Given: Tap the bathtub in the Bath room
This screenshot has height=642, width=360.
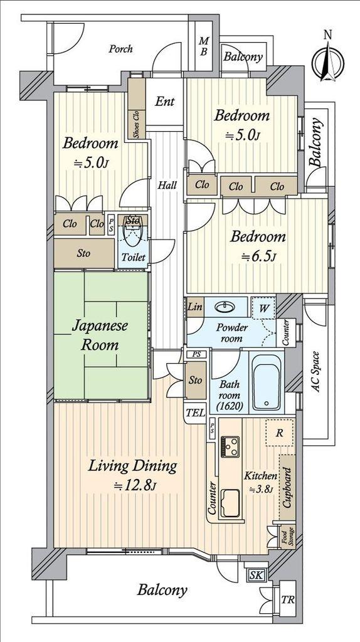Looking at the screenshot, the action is pos(267,382).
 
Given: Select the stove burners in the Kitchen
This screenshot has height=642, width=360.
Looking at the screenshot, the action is pos(230,446).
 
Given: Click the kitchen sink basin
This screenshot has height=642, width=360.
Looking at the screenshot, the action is pos(231,502).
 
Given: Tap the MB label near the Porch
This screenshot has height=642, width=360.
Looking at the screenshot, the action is pos(204,46).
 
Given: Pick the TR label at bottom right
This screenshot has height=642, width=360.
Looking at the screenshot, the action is pos(287,600).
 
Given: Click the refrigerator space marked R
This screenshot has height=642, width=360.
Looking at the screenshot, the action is pos(280,433).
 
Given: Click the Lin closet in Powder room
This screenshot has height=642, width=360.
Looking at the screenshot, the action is pos(195,307).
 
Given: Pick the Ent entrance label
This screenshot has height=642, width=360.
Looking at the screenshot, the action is pos(165,101).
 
